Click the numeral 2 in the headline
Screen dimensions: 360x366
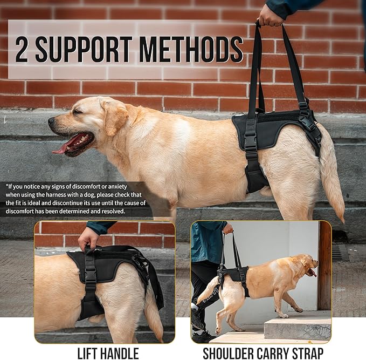[22, 50]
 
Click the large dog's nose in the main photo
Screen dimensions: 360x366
[51, 122]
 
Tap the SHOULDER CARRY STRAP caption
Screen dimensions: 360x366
[263, 353]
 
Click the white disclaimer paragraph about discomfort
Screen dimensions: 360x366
[75, 198]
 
